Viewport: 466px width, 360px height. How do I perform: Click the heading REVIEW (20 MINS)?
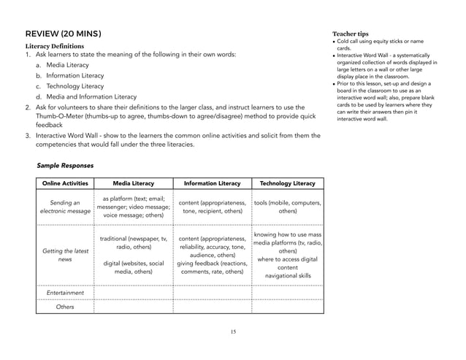click(x=63, y=34)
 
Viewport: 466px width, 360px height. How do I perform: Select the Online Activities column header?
click(x=65, y=183)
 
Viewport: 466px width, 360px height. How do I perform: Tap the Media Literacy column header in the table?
click(x=133, y=183)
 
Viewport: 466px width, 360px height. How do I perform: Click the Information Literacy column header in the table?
click(x=212, y=183)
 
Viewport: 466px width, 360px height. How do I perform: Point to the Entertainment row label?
click(x=65, y=293)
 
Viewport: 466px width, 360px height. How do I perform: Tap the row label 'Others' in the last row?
click(x=65, y=307)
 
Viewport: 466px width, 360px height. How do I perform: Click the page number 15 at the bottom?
click(x=232, y=332)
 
